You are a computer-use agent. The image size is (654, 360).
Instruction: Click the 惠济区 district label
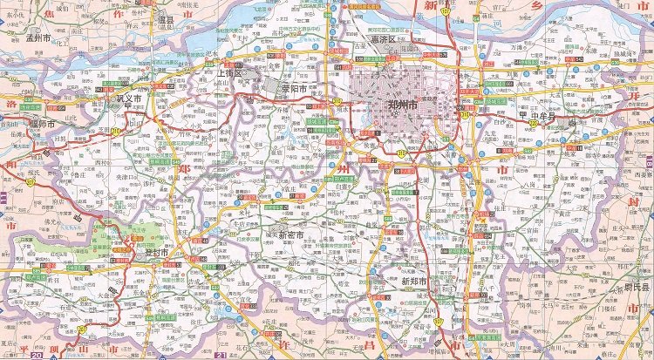click(x=383, y=40)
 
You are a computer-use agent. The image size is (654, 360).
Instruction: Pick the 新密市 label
click(x=291, y=236)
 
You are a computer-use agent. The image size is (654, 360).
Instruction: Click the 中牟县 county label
click(x=541, y=114)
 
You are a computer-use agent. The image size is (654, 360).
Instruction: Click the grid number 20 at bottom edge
click(x=36, y=355)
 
